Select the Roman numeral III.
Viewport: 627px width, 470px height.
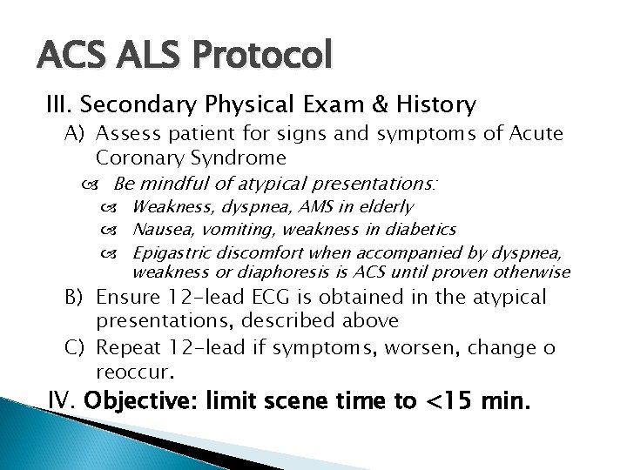61,106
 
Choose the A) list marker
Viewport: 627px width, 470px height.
74,134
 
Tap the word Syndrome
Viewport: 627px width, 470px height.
234,158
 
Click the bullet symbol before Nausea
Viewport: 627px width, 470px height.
118,230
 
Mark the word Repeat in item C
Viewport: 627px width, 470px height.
123,349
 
